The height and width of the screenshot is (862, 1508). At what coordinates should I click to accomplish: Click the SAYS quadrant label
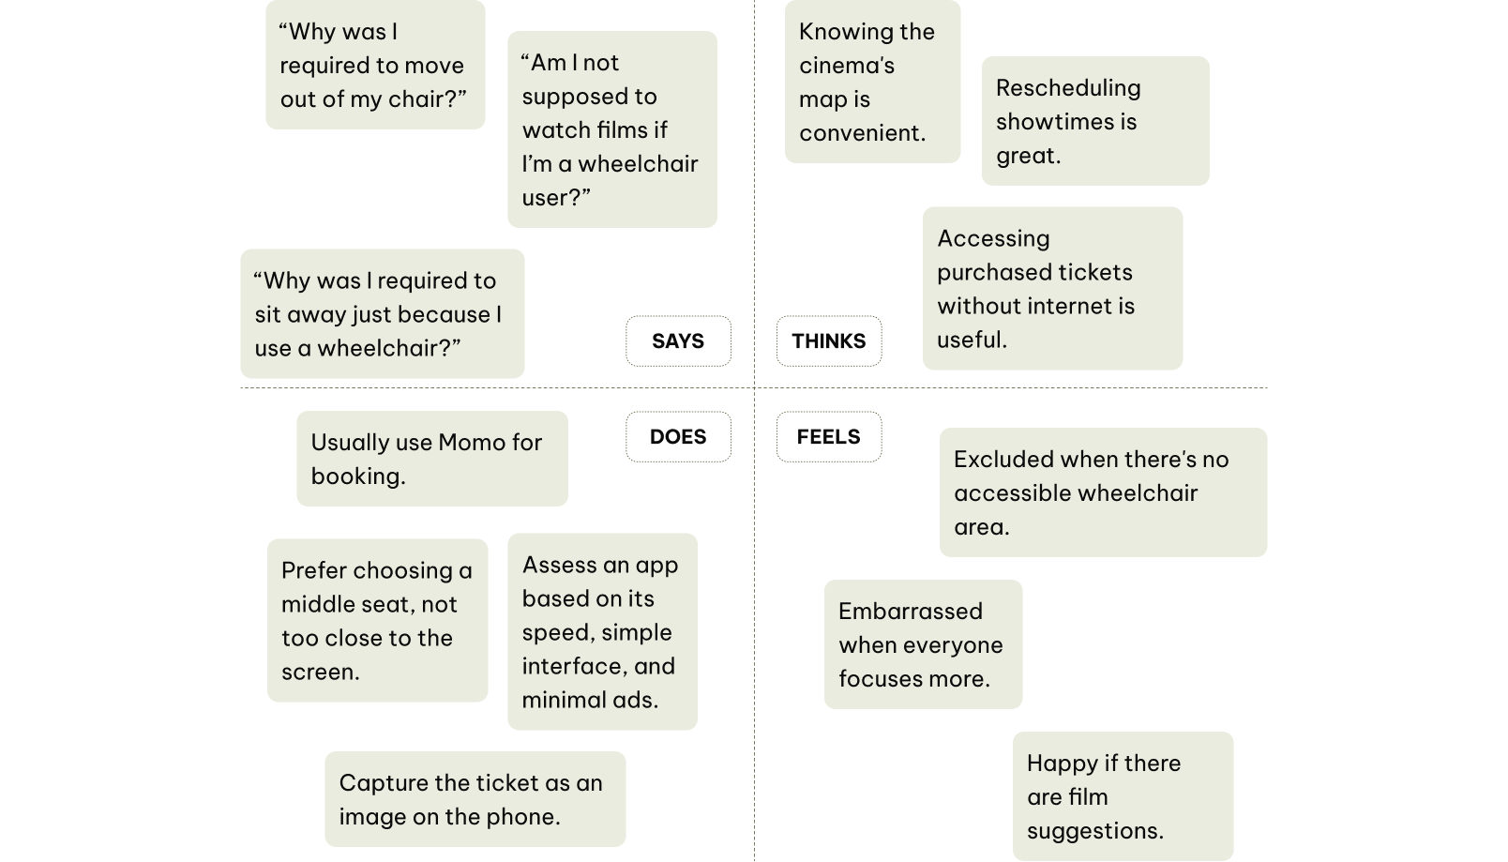click(x=678, y=340)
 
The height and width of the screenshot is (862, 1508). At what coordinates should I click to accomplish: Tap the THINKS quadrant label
click(x=828, y=340)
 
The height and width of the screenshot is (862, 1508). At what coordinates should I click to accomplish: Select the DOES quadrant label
click(x=678, y=437)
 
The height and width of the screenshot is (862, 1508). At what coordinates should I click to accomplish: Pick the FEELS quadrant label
click(x=828, y=437)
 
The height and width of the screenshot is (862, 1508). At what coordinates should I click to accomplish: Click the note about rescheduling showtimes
click(x=1094, y=121)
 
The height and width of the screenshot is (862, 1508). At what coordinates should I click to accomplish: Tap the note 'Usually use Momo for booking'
click(x=431, y=459)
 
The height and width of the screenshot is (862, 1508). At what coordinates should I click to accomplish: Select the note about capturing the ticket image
click(x=475, y=799)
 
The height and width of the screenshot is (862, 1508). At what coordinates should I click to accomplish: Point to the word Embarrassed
click(x=910, y=612)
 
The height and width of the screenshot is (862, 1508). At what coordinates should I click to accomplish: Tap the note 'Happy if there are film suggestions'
click(x=1123, y=796)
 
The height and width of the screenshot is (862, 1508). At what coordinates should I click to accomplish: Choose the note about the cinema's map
click(x=872, y=83)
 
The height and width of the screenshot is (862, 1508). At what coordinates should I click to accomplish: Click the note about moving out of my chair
click(x=375, y=65)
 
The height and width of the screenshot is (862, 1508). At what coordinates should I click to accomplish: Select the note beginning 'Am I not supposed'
click(x=611, y=129)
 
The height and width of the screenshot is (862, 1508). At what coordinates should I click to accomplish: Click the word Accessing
click(x=993, y=239)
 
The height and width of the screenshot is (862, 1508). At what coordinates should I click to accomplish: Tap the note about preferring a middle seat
click(x=377, y=620)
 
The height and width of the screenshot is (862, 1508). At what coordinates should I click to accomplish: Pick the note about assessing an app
click(x=602, y=631)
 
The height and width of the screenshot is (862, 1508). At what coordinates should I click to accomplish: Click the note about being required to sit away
click(x=382, y=314)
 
